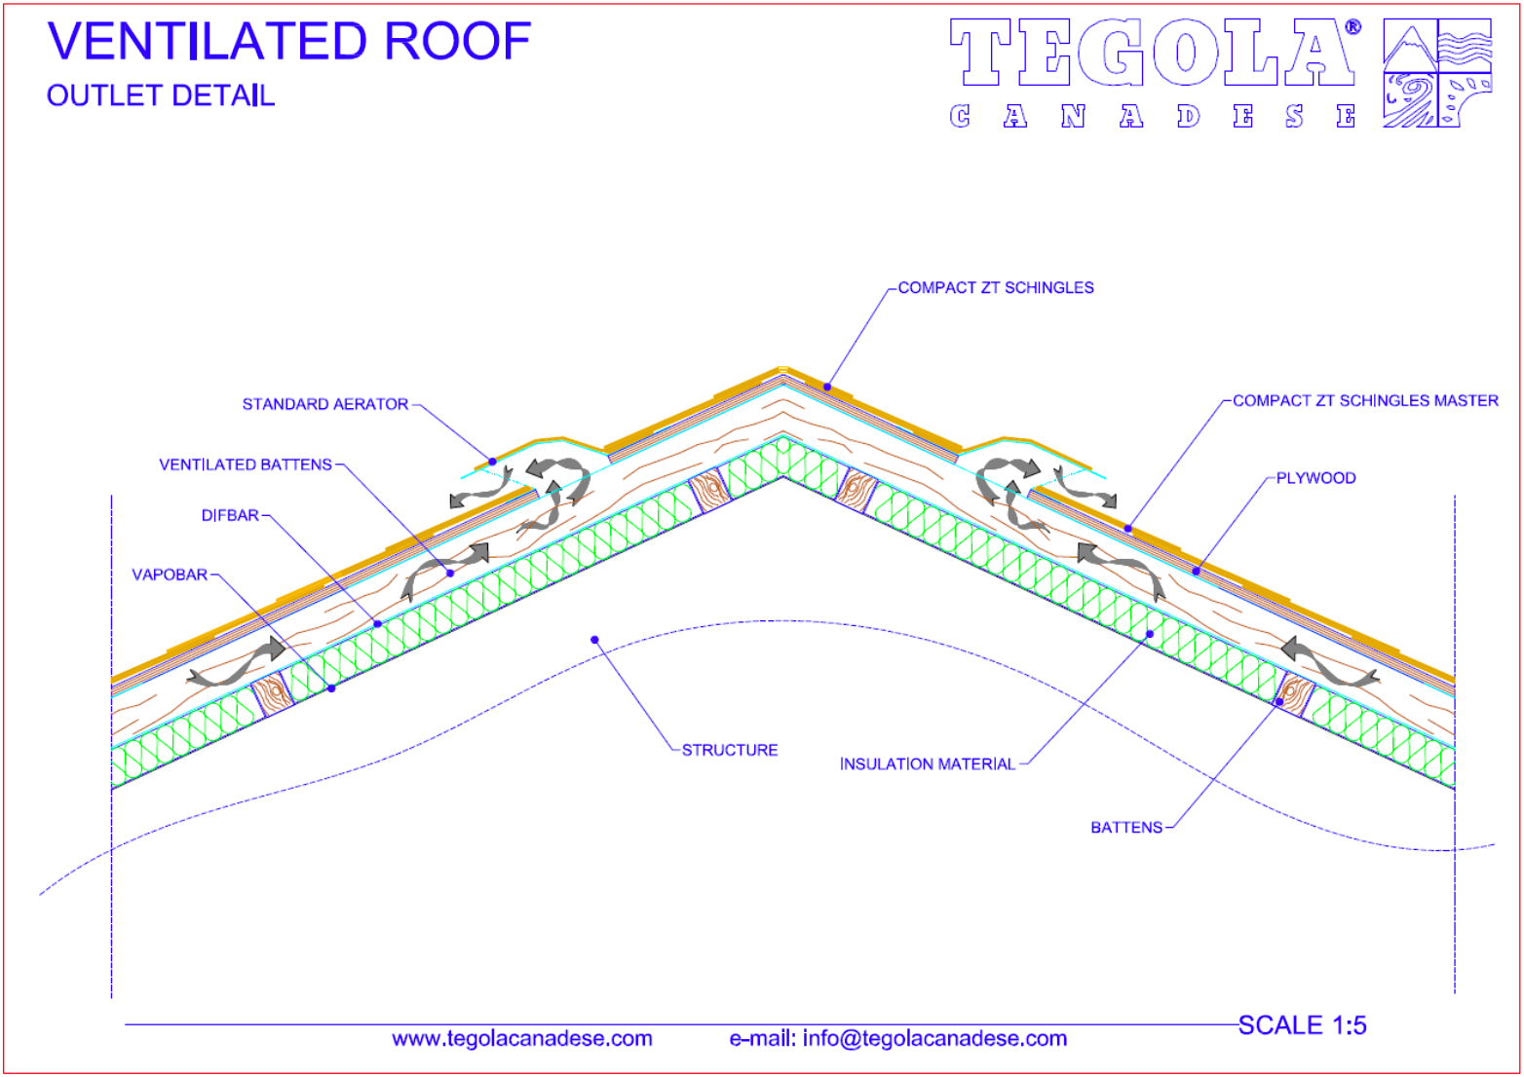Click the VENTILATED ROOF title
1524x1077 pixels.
289,41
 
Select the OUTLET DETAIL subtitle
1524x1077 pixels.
161,95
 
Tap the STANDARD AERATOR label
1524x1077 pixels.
325,404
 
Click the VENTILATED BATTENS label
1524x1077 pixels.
246,465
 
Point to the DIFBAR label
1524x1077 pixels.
230,516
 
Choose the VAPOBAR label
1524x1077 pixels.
170,576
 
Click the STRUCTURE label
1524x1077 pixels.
730,751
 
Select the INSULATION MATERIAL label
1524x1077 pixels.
928,765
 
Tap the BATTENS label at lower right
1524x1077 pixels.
1126,828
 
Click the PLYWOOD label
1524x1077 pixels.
1315,479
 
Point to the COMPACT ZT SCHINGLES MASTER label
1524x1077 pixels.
1365,401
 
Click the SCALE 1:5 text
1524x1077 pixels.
1302,1025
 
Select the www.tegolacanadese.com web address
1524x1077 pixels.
522,1039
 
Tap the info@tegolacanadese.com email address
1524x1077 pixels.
934,1039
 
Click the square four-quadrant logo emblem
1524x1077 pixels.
1437,73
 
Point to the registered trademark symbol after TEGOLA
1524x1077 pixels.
1353,27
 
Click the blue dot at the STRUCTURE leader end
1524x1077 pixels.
594,640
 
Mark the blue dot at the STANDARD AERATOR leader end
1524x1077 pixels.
493,462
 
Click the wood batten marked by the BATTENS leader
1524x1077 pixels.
1294,693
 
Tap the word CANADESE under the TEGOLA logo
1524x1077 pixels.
1153,116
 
